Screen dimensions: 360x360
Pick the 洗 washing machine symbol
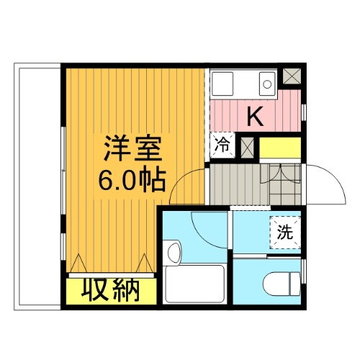point(287,232)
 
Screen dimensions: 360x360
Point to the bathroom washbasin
point(173,253)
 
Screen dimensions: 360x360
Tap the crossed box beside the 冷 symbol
point(247,146)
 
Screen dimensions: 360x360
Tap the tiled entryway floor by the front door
point(282,184)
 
